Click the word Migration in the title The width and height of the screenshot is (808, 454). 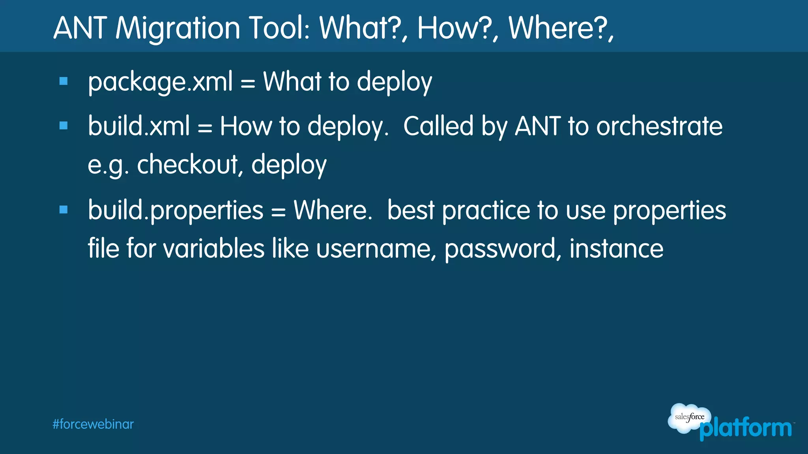(x=178, y=28)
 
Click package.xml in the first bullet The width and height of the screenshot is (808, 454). (x=160, y=82)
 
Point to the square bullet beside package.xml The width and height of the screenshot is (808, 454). (x=64, y=81)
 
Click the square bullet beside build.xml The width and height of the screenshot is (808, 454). (x=64, y=126)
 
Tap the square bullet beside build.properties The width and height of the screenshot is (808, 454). (x=64, y=210)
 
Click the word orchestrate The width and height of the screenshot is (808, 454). (x=659, y=127)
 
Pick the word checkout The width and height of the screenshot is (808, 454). (x=188, y=164)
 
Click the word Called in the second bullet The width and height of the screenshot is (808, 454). (x=438, y=127)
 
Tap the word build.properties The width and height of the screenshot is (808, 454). (x=176, y=210)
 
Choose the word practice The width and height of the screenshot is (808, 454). (x=486, y=210)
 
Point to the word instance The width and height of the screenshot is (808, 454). (x=616, y=249)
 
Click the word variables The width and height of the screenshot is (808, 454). (x=213, y=249)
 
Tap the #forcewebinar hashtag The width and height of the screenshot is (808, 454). (x=93, y=424)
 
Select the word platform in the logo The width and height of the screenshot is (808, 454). (x=746, y=429)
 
